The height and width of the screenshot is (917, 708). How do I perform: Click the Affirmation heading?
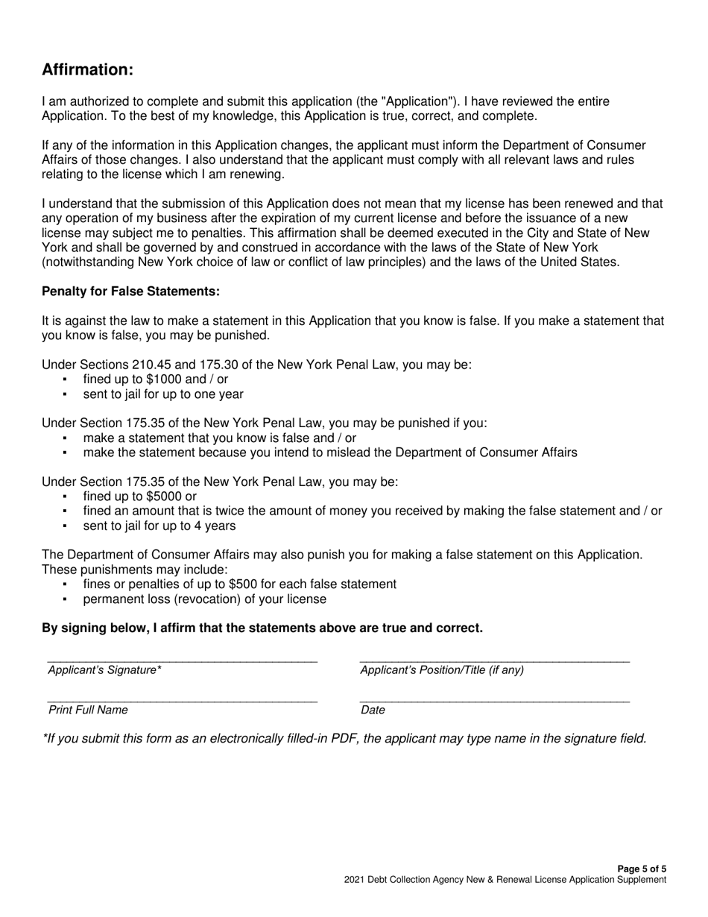(88, 69)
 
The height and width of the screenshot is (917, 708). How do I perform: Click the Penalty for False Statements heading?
(130, 291)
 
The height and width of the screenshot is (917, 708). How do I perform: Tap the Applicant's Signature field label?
(104, 670)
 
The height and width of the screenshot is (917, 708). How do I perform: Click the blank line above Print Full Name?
(182, 700)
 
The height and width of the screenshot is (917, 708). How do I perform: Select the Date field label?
(373, 710)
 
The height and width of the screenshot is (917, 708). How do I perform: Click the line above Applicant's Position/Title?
(494, 660)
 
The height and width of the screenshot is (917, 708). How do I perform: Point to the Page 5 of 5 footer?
(642, 869)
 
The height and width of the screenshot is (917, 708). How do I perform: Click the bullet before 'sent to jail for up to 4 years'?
(66, 526)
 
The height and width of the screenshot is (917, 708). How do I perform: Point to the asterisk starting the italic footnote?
(45, 738)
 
